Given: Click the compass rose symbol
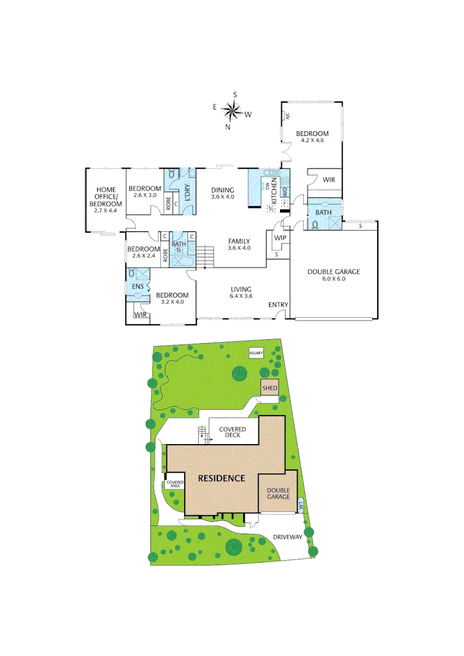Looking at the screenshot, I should click(x=231, y=111).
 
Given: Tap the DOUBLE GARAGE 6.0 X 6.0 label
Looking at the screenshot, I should click(x=333, y=275).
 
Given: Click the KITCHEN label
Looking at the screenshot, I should click(x=274, y=191).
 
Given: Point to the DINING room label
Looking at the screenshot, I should click(x=222, y=193).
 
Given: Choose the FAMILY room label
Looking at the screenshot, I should click(x=238, y=244).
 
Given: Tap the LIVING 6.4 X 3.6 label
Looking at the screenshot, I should click(x=241, y=293).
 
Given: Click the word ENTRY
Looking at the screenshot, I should click(x=278, y=305).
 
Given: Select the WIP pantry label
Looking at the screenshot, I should click(x=280, y=237).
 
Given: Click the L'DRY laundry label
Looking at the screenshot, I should click(x=188, y=193).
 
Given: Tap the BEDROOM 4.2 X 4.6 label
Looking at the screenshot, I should click(x=312, y=137).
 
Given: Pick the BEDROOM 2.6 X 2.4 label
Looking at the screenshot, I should click(x=144, y=252).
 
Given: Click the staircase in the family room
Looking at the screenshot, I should click(x=205, y=255).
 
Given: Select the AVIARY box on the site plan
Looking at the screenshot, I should click(x=256, y=353).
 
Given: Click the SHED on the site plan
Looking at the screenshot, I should click(x=270, y=388).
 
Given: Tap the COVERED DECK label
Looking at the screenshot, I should click(x=233, y=432).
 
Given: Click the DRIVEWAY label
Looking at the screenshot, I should click(x=287, y=537).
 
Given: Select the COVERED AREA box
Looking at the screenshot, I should click(x=175, y=484).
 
